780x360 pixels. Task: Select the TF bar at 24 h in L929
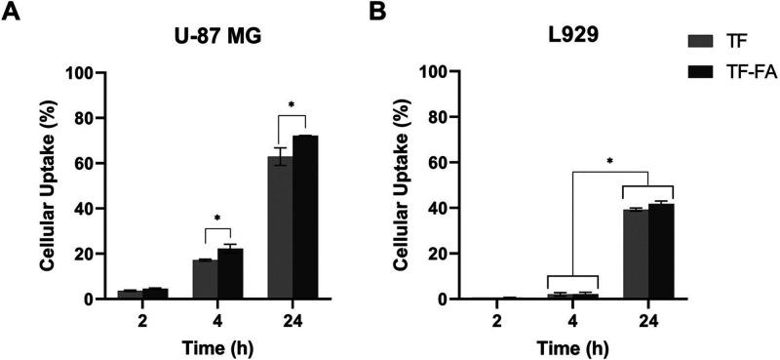tap(637, 255)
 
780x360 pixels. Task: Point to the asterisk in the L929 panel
tap(611, 157)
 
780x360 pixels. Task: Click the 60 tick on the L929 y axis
tap(451, 163)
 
